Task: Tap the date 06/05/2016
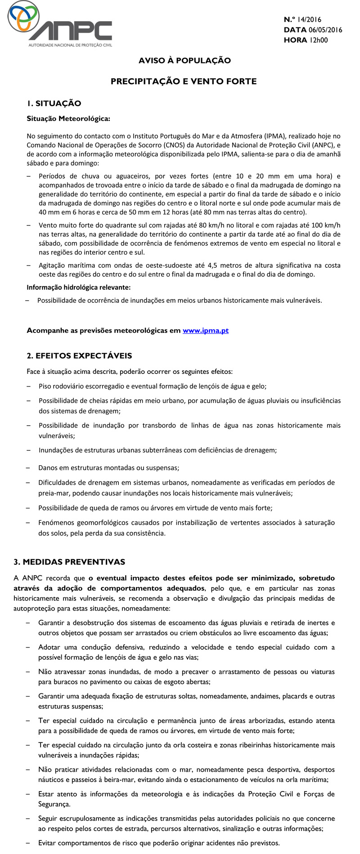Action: click(x=325, y=30)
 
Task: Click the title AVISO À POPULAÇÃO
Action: click(x=184, y=60)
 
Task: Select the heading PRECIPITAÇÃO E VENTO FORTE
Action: click(x=184, y=81)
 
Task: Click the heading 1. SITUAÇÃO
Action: click(x=54, y=103)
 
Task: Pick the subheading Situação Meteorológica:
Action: click(x=68, y=119)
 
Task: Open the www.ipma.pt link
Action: click(x=205, y=330)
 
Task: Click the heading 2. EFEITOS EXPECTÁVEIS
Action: click(x=79, y=355)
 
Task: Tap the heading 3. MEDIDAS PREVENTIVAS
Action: click(x=69, y=562)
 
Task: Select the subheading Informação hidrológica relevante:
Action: click(x=79, y=287)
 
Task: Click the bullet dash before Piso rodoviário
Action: click(x=29, y=386)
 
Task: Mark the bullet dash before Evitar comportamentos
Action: click(x=29, y=843)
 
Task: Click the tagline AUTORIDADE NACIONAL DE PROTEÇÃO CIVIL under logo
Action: click(x=70, y=45)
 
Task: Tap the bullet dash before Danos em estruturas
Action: click(x=29, y=468)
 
